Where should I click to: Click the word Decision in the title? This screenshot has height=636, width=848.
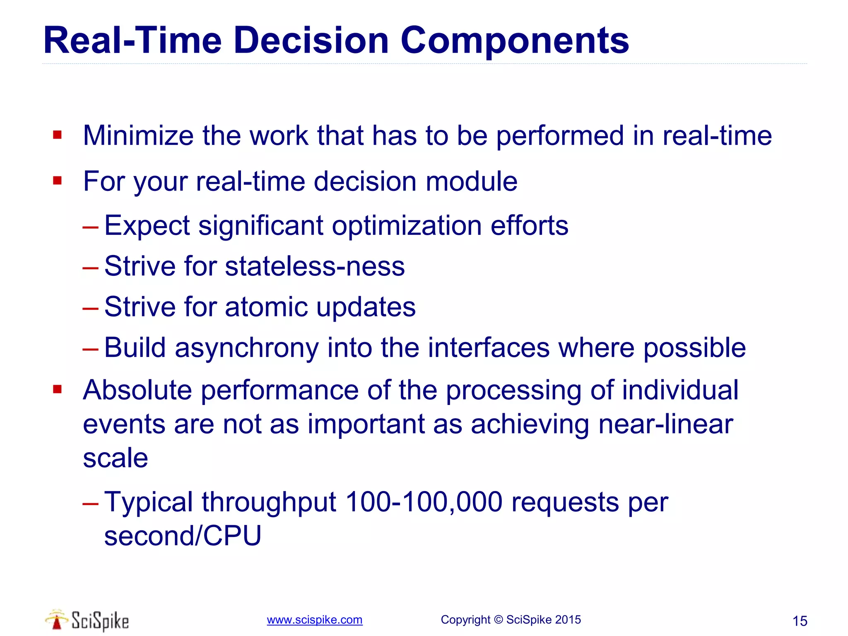point(311,41)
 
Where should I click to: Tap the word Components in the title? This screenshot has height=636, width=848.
point(514,41)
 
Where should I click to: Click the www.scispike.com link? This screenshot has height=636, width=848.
point(314,620)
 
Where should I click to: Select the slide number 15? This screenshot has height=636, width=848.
point(800,621)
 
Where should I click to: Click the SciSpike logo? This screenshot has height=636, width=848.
point(87,620)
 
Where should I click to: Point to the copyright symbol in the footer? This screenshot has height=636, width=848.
point(498,620)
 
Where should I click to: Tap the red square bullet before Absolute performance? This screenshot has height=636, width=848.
point(58,389)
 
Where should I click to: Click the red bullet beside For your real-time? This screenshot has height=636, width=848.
point(58,181)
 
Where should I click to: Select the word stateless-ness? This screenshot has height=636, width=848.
point(315,266)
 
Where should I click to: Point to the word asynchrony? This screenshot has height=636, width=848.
point(247,348)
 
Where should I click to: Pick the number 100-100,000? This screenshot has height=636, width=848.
point(424,502)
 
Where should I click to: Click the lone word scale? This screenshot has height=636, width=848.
point(115,458)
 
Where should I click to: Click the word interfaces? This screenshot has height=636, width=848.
point(489,348)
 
